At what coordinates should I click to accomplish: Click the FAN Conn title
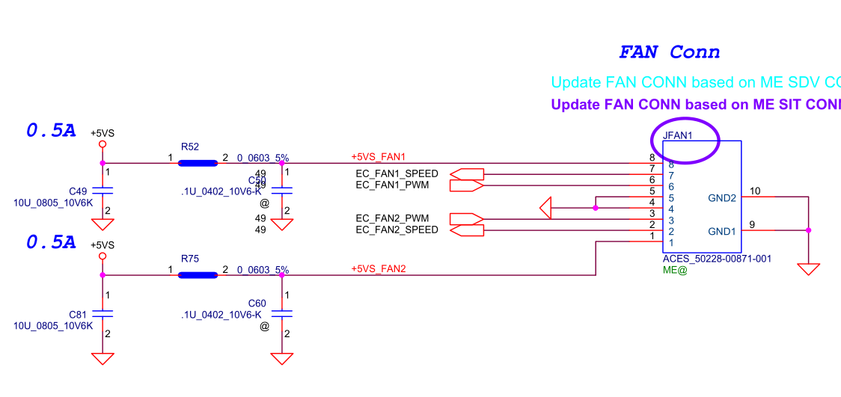[x=669, y=52]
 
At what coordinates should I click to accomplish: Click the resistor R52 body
[x=198, y=162]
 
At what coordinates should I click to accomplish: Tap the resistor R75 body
[x=198, y=274]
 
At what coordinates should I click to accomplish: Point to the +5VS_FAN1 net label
[x=378, y=157]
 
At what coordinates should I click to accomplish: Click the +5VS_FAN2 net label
[x=378, y=269]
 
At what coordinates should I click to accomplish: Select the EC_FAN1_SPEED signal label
[x=397, y=174]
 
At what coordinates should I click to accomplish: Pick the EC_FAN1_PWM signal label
[x=391, y=185]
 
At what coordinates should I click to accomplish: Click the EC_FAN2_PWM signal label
[x=391, y=218]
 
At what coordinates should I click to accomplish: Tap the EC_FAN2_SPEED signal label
[x=397, y=230]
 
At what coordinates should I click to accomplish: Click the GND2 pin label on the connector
[x=722, y=198]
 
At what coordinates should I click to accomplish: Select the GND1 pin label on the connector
[x=722, y=232]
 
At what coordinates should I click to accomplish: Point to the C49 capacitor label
[x=78, y=191]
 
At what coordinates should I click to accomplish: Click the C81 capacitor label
[x=78, y=315]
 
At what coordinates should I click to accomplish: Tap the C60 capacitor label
[x=257, y=304]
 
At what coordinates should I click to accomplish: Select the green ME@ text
[x=675, y=270]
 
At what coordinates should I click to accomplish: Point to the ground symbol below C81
[x=103, y=359]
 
